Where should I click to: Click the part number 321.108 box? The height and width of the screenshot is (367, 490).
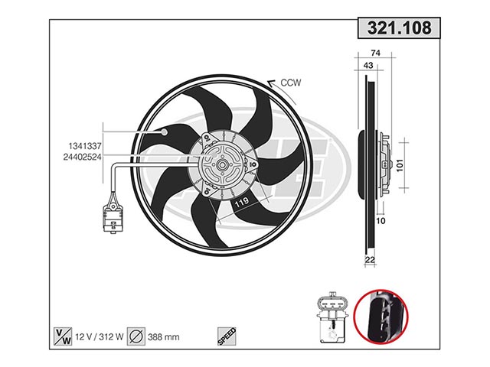(399, 28)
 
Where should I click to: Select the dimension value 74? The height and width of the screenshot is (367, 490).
(375, 53)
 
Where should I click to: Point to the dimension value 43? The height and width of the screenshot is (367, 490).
(368, 66)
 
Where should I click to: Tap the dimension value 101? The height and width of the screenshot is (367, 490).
(400, 165)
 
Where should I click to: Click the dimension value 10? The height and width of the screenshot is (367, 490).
(381, 221)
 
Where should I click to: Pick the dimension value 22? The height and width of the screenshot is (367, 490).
(370, 260)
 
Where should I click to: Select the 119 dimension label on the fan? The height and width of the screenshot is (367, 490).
(242, 202)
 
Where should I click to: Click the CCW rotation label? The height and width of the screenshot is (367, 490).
(291, 83)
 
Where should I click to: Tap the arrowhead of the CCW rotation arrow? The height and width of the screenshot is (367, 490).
(270, 83)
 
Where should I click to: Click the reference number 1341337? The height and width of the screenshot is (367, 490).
(85, 146)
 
